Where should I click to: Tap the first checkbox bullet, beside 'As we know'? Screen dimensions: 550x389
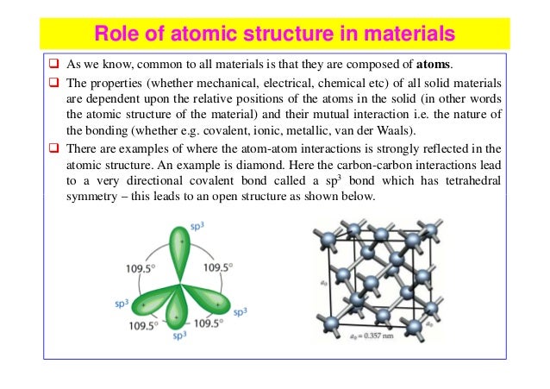[52, 64]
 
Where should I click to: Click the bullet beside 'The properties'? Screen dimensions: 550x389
[52, 82]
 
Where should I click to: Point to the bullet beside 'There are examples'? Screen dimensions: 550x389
[52, 148]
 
